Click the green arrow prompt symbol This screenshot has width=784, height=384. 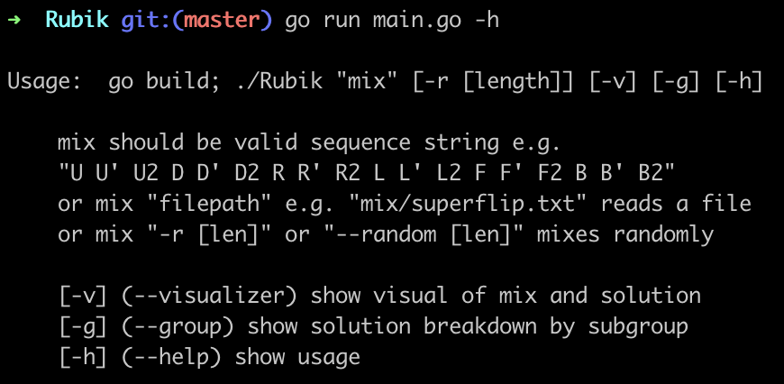pyautogui.click(x=14, y=21)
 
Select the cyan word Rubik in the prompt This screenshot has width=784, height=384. pyautogui.click(x=77, y=20)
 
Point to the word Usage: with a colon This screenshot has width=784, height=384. pyautogui.click(x=44, y=81)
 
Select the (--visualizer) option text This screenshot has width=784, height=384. pyautogui.click(x=209, y=296)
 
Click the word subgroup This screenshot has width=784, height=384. pyautogui.click(x=638, y=327)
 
